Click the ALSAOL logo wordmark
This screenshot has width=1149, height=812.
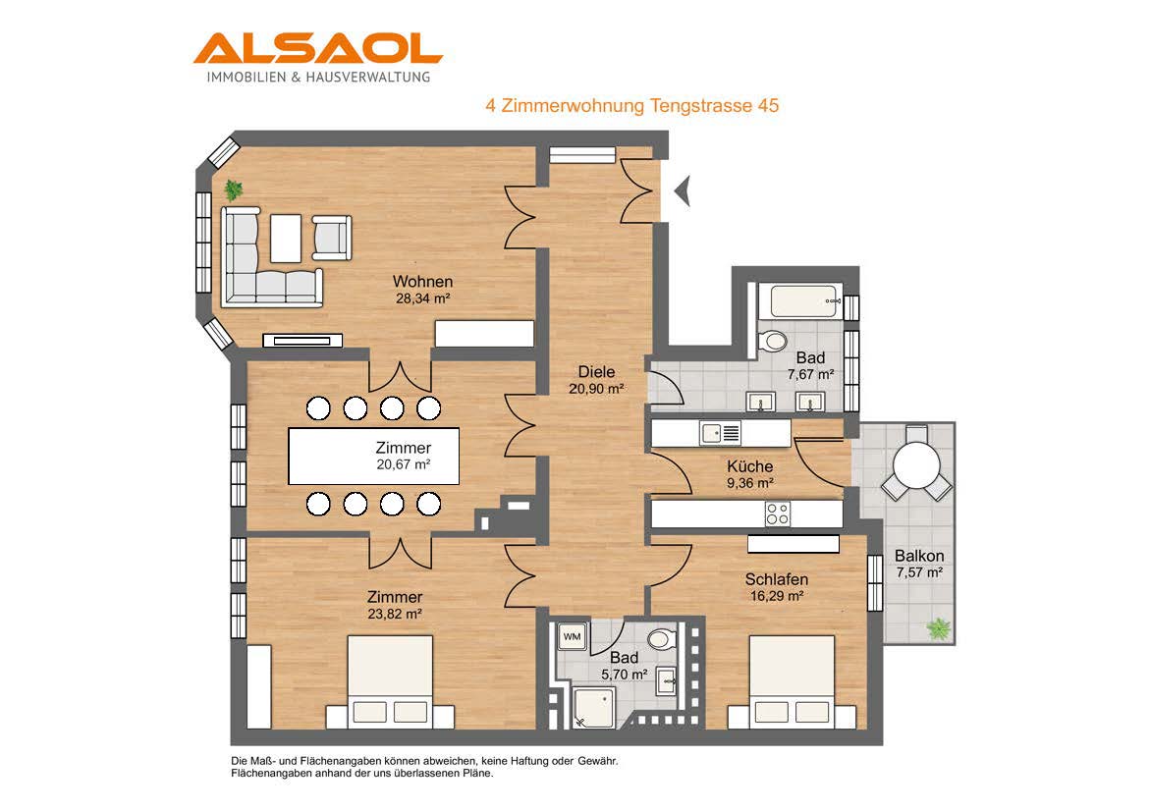[318, 48]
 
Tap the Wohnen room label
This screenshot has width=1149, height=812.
[423, 282]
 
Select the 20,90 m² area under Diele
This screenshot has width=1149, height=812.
[596, 389]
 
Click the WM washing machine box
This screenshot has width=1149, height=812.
[572, 637]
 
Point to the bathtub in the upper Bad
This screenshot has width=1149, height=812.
[804, 301]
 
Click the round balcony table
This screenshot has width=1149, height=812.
[916, 466]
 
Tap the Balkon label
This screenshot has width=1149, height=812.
[919, 556]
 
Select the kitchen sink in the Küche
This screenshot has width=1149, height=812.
[720, 433]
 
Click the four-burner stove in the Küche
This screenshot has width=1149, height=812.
[778, 514]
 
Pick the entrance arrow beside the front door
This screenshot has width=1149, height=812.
[683, 192]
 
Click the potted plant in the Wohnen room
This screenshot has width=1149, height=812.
[234, 189]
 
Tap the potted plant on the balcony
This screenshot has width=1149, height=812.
[938, 628]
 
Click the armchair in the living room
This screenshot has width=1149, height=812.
[331, 238]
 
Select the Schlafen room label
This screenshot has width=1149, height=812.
[777, 579]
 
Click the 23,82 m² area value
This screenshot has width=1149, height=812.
[395, 614]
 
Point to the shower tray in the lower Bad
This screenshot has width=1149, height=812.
[592, 708]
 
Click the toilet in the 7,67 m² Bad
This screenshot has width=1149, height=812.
[772, 341]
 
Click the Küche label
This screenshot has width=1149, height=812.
[749, 466]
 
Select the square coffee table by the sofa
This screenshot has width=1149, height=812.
[286, 239]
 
